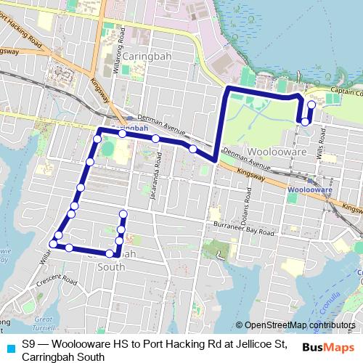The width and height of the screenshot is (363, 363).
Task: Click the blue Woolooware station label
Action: (309, 189)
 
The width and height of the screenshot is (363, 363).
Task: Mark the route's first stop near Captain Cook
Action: (311, 105)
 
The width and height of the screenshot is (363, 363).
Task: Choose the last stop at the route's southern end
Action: (123, 213)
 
